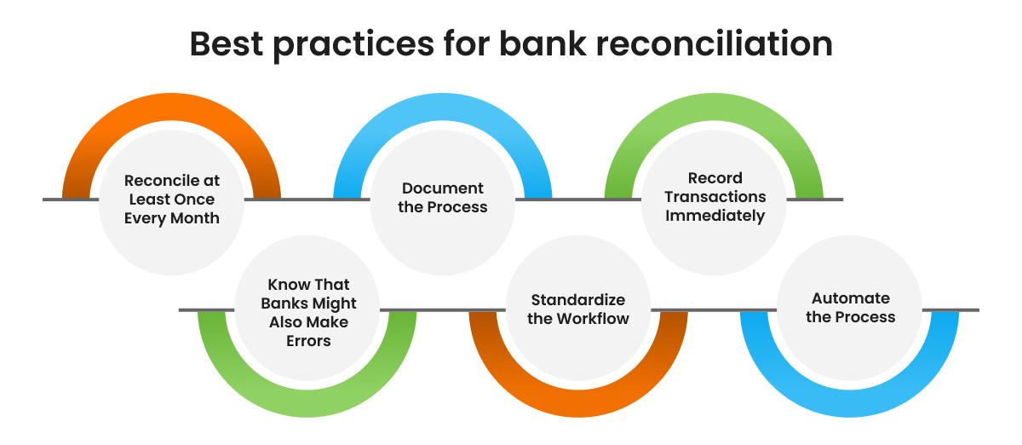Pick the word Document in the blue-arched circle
(443, 188)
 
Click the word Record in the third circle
(715, 178)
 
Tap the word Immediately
(715, 216)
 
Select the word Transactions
(715, 197)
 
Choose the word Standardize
(578, 300)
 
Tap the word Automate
(851, 298)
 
